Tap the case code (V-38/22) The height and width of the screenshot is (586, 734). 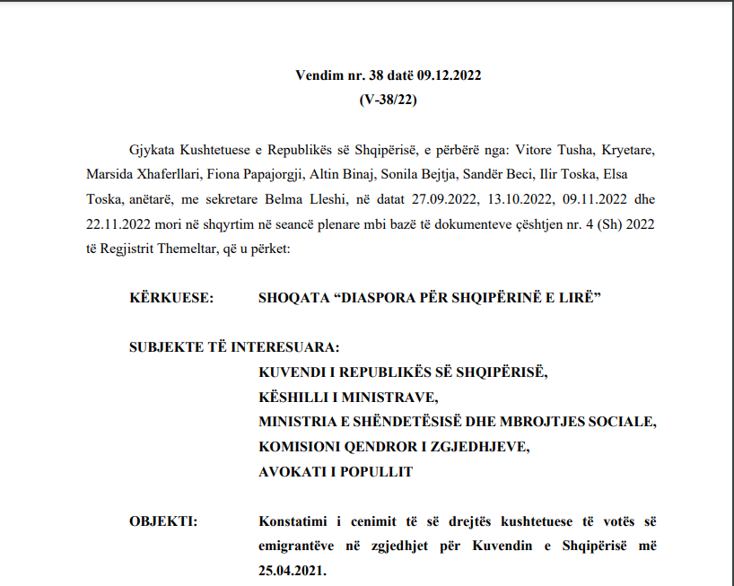[388, 100]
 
